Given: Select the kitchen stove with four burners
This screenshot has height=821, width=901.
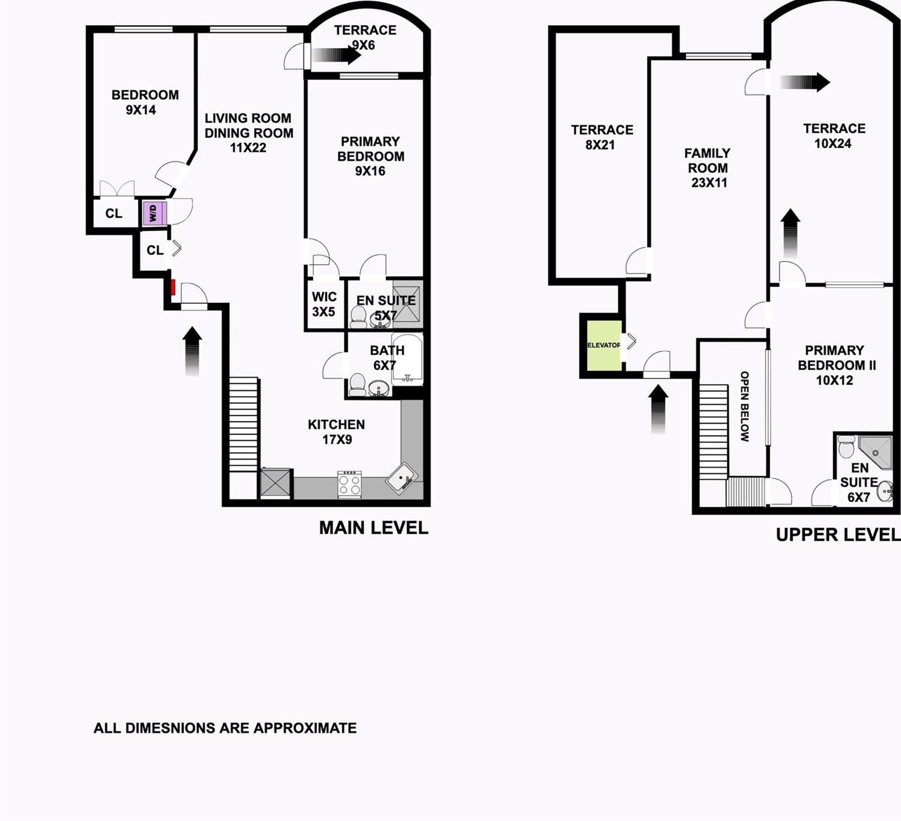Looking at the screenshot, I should click(349, 484).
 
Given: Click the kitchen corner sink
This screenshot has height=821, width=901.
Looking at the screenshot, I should click(402, 479).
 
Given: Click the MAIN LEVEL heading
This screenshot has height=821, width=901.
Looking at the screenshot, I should click(373, 528).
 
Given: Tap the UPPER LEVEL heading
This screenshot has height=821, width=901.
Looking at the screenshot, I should click(838, 534).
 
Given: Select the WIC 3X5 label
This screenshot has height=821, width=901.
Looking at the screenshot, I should click(324, 304).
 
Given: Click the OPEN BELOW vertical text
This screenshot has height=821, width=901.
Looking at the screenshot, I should click(744, 406).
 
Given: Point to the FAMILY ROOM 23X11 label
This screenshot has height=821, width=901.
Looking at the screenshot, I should click(708, 168).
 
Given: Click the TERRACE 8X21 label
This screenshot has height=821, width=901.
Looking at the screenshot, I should click(602, 137).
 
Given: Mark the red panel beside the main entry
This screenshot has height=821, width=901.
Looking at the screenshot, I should click(173, 287).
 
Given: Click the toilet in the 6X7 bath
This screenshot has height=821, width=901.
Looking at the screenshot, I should click(357, 384).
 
